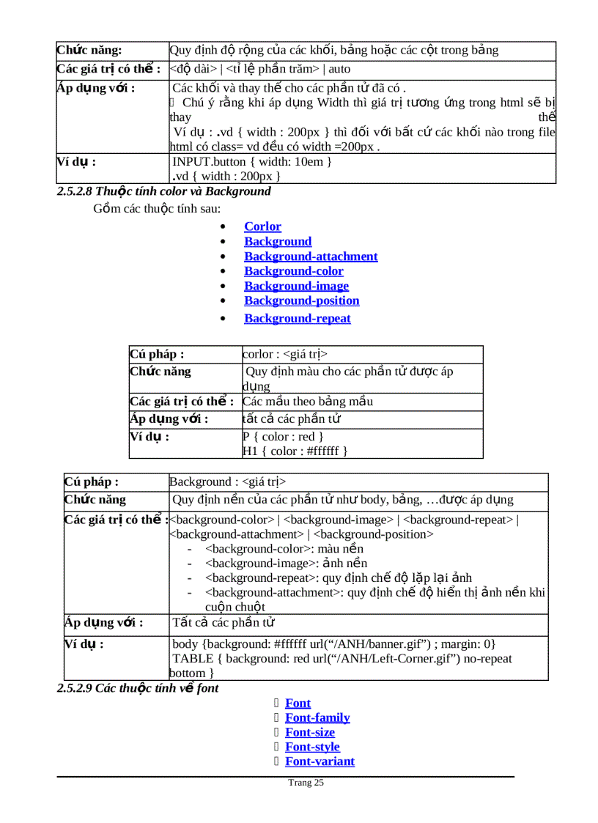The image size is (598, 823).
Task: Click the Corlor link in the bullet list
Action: (x=262, y=226)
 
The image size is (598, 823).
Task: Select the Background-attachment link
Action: (x=311, y=257)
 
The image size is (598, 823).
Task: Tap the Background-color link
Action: (x=293, y=271)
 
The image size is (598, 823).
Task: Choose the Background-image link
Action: (x=296, y=286)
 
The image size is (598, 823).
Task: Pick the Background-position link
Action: (x=301, y=300)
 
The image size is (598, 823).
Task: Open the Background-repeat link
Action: (x=297, y=318)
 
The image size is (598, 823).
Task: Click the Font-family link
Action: (x=317, y=717)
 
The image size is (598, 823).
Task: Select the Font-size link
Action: (x=309, y=732)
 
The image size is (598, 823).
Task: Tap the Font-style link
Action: (x=312, y=747)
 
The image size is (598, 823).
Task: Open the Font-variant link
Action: (x=320, y=761)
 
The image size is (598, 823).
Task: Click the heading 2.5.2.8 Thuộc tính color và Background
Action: (x=164, y=191)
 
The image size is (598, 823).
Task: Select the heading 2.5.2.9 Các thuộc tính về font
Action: (x=138, y=688)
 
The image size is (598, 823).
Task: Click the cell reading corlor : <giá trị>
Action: (x=285, y=355)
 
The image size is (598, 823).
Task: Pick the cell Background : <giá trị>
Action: (x=227, y=481)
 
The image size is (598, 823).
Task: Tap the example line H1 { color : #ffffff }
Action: (x=295, y=451)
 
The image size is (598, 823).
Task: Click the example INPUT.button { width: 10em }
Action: (x=252, y=161)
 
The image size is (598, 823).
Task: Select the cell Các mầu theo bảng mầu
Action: (x=308, y=402)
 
